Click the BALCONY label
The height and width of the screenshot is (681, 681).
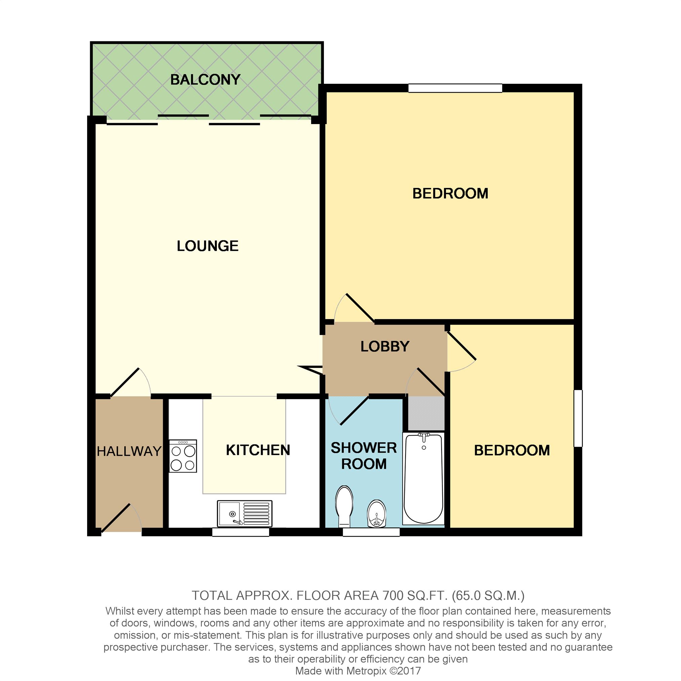pyautogui.click(x=205, y=80)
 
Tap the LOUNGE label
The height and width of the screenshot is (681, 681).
pyautogui.click(x=207, y=246)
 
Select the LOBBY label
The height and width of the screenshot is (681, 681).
pyautogui.click(x=385, y=346)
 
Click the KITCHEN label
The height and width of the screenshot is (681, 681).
pyautogui.click(x=258, y=450)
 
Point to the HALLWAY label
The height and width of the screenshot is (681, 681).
pyautogui.click(x=129, y=451)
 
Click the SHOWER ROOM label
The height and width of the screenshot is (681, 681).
pyautogui.click(x=364, y=455)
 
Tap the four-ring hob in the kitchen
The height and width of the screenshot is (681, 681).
pyautogui.click(x=183, y=456)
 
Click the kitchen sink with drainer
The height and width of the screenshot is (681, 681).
pyautogui.click(x=244, y=514)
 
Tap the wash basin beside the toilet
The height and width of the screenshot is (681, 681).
pyautogui.click(x=376, y=513)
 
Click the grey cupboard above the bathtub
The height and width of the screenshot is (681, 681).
pyautogui.click(x=426, y=413)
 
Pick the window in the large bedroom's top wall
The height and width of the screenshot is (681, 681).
pyautogui.click(x=455, y=88)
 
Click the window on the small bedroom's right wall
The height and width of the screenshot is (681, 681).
pyautogui.click(x=578, y=418)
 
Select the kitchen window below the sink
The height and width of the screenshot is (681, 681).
pyautogui.click(x=240, y=532)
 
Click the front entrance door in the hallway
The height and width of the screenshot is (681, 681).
pyautogui.click(x=116, y=518)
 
